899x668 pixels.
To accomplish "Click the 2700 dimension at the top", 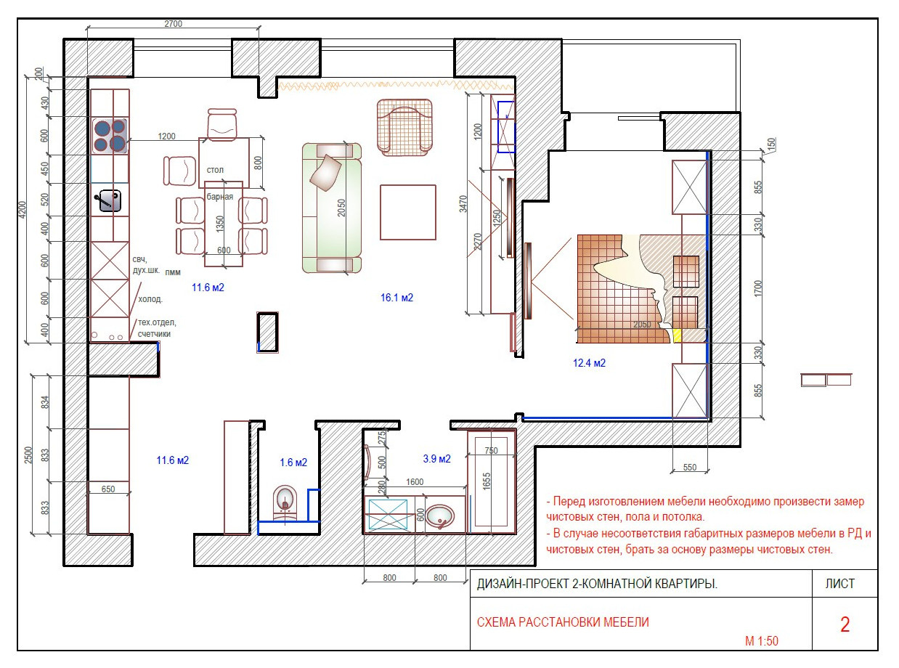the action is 173,24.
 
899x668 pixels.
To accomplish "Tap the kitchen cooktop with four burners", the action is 110,135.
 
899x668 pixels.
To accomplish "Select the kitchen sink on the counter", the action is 110,200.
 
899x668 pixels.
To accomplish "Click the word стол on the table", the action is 215,170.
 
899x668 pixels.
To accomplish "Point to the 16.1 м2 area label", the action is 396,298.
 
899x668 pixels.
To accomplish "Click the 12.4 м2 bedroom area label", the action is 589,363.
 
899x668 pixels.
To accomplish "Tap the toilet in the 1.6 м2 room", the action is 285,502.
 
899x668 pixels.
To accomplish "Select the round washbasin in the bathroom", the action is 440,516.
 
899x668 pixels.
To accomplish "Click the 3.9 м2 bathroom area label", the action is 436,458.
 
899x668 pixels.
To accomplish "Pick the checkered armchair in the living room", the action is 404,128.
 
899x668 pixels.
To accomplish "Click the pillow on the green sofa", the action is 326,173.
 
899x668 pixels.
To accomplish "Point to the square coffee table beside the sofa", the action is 408,213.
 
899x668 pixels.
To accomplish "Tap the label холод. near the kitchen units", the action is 150,299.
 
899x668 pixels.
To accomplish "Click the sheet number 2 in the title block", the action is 845,624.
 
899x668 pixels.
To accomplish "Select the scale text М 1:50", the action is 762,641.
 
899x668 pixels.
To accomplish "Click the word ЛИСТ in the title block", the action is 840,584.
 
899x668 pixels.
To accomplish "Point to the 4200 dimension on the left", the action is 23,210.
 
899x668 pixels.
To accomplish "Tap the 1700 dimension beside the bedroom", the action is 758,288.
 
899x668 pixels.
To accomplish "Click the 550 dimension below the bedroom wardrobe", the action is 689,467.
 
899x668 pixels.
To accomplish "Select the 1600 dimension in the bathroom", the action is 415,481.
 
